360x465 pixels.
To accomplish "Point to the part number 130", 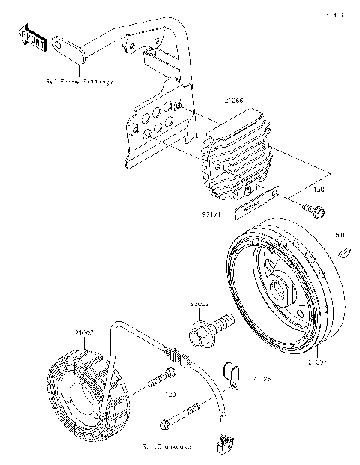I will pyautogui.click(x=318, y=190).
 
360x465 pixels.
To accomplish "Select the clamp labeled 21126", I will pyautogui.click(x=233, y=372).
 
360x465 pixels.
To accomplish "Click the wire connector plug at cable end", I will pyautogui.click(x=223, y=445).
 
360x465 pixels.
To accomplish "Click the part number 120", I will pyautogui.click(x=169, y=393).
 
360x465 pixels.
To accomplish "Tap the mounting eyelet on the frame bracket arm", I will pyautogui.click(x=58, y=46).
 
